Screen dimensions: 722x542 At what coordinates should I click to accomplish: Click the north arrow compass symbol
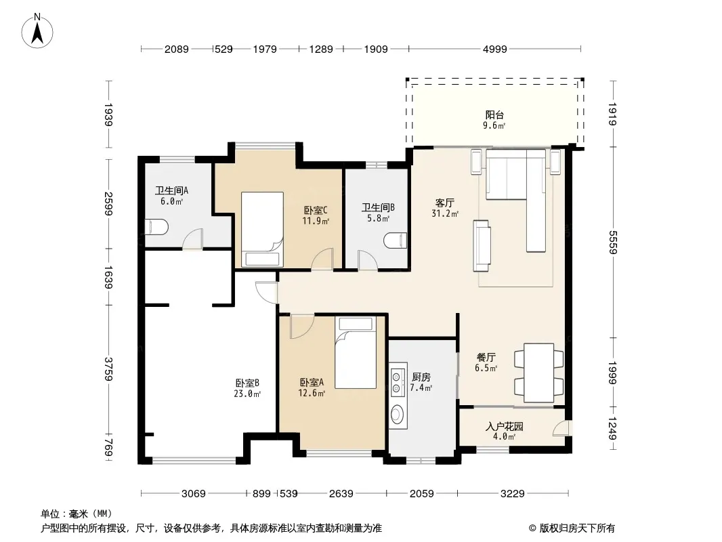(37, 31)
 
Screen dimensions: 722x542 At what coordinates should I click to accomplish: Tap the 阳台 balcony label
(494, 115)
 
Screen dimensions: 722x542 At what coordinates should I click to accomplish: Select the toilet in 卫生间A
(156, 227)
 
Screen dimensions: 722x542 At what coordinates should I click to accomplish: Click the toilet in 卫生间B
(396, 241)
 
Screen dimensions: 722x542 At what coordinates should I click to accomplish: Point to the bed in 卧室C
(262, 229)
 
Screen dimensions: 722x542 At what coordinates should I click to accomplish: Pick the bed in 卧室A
(356, 353)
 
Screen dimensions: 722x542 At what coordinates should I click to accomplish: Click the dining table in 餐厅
(538, 373)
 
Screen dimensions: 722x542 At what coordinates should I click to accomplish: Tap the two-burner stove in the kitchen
(396, 383)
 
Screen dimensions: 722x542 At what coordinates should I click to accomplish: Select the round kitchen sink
(397, 414)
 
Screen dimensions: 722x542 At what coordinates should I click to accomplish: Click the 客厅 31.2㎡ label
(445, 208)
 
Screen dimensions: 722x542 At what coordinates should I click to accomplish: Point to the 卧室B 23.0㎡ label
(247, 388)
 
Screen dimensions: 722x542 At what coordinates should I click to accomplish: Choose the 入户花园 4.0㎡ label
(504, 431)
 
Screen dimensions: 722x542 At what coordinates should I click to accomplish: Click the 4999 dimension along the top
(494, 49)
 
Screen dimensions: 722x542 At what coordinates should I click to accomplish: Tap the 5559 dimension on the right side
(612, 242)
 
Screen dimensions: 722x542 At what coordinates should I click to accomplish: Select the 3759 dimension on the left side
(108, 369)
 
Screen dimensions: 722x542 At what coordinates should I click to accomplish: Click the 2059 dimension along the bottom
(421, 494)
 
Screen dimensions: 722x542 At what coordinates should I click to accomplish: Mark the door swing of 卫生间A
(192, 239)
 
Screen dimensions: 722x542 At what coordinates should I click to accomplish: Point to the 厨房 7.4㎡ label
(421, 382)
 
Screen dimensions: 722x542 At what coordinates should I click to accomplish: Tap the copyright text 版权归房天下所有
(577, 528)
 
